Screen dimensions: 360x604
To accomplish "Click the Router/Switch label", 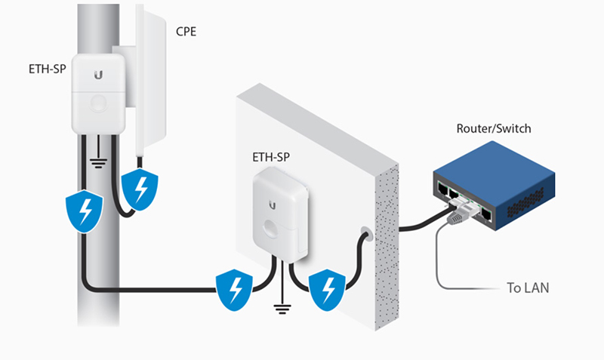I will click(493, 128).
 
